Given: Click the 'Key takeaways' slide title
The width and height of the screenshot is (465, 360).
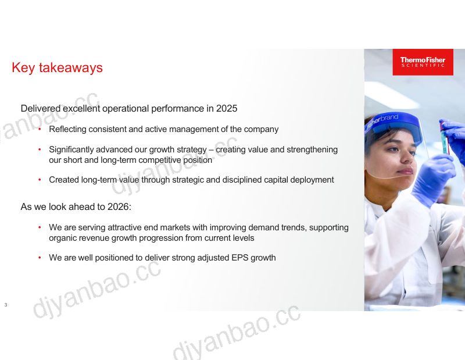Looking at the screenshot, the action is coord(57,67).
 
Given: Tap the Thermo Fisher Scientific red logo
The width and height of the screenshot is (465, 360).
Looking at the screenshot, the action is coord(423,62).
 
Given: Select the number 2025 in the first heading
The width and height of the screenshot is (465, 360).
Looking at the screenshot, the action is coord(227,109).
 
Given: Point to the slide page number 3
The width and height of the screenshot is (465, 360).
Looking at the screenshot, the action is coord(6,305).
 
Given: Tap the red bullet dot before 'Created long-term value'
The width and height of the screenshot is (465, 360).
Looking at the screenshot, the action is coord(40,180).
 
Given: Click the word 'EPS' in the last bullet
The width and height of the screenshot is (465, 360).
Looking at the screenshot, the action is coord(239,258).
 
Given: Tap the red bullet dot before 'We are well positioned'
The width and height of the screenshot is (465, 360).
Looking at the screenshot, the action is coord(40,258).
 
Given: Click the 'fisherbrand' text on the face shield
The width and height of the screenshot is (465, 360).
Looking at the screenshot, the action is coord(383,121).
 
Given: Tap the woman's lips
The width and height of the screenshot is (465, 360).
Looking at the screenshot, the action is coord(405,171).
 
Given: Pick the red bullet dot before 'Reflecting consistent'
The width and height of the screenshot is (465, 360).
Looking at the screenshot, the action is coord(40,129).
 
